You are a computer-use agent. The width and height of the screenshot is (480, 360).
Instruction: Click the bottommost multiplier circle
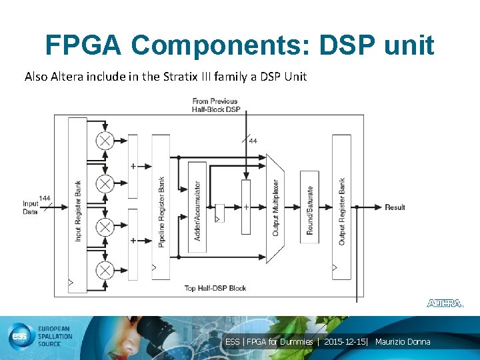click(105, 270)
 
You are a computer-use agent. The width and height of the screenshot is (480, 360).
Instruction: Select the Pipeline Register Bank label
click(161, 212)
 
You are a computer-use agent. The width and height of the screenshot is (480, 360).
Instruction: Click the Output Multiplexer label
click(275, 208)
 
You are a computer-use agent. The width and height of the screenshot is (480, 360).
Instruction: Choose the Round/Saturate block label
click(309, 207)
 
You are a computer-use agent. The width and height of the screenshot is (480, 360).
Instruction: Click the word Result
click(395, 207)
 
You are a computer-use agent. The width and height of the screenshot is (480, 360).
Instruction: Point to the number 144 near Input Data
click(45, 198)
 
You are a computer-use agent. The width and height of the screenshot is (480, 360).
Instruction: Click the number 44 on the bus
click(253, 141)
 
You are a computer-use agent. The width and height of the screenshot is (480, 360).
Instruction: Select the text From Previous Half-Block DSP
click(215, 105)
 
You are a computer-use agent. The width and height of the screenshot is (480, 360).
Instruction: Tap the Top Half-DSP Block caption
click(215, 288)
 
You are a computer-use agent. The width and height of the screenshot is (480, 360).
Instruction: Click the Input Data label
click(31, 207)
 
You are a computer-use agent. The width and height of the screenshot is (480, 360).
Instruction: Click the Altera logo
click(445, 303)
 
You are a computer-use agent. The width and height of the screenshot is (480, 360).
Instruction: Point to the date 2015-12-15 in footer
click(345, 342)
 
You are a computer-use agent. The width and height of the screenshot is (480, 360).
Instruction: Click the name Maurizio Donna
click(403, 342)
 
